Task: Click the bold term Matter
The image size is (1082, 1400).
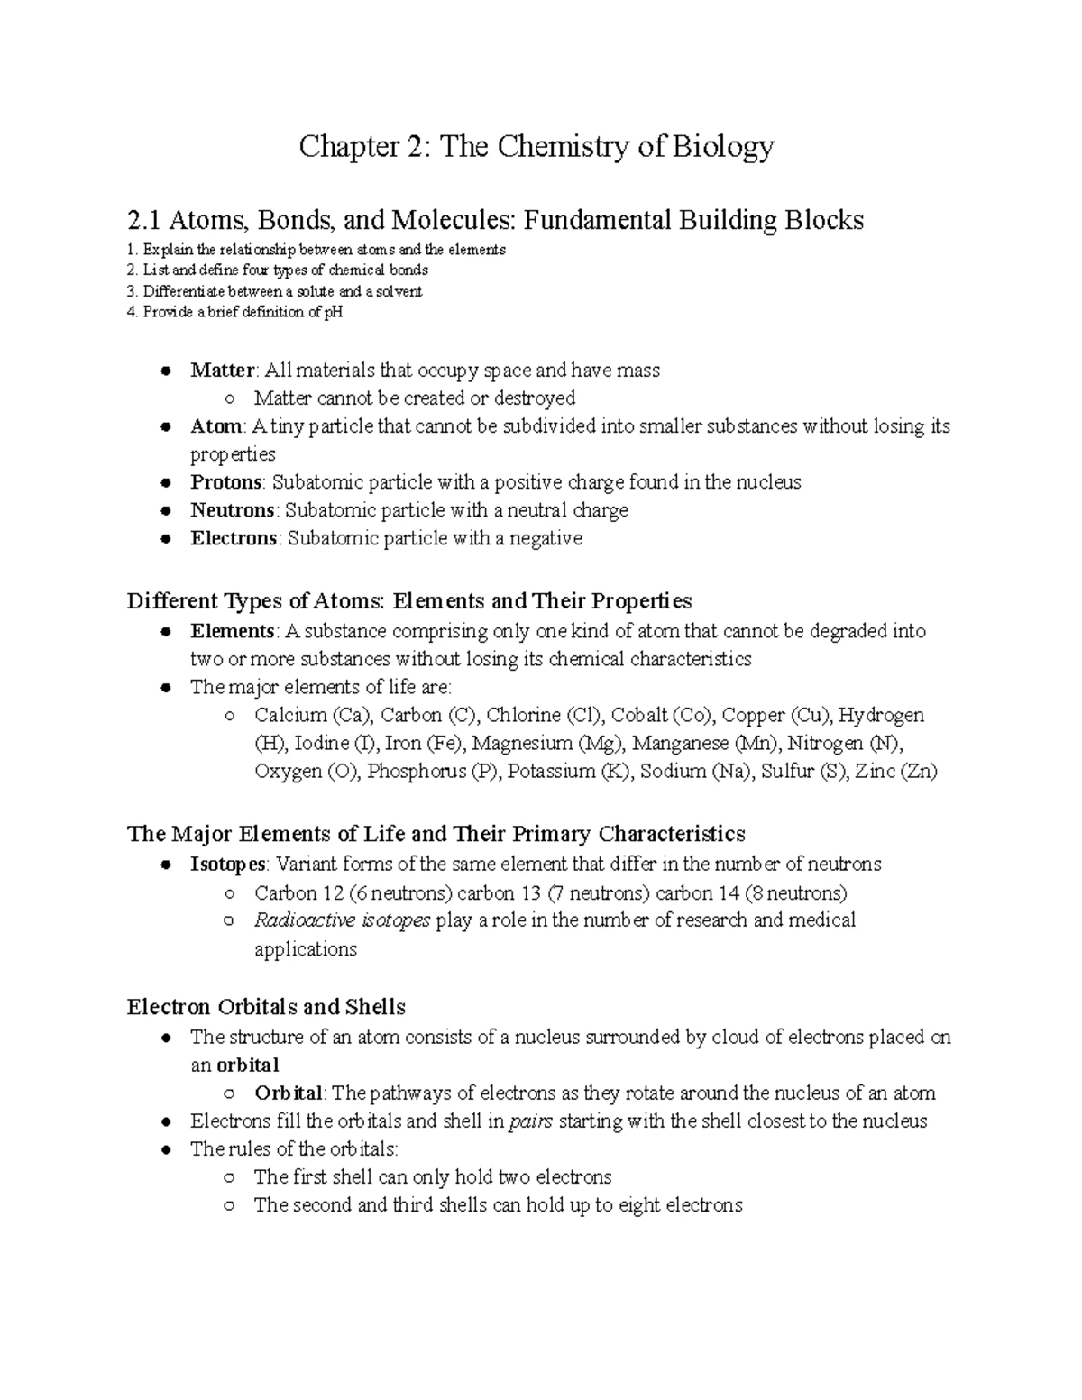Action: point(222,371)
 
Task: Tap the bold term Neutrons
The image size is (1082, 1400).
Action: point(232,510)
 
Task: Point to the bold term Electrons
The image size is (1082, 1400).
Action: point(234,538)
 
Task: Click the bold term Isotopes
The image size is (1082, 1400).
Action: point(227,865)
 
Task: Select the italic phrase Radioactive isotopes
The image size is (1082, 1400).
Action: point(342,920)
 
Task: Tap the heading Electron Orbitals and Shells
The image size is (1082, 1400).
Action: point(266,1007)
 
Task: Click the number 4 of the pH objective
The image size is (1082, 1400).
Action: point(132,313)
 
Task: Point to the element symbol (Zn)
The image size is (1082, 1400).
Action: point(919,772)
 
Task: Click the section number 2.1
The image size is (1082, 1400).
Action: point(144,220)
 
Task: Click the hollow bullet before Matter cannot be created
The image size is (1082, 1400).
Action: point(230,399)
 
